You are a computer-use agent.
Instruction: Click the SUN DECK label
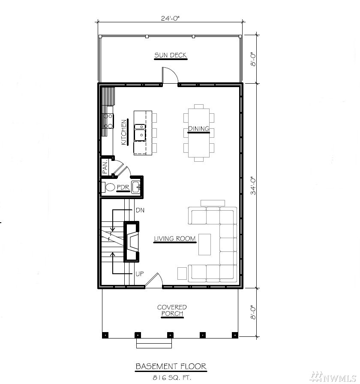click(171, 55)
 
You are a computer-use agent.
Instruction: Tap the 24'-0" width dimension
click(170, 18)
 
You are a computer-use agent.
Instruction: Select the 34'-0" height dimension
click(253, 186)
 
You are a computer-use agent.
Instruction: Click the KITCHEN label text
click(124, 132)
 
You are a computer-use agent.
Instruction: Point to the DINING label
click(198, 129)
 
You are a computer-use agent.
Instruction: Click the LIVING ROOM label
click(174, 239)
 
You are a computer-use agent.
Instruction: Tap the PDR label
click(123, 187)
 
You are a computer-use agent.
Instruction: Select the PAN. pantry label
click(105, 167)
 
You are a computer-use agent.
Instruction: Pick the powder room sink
click(136, 187)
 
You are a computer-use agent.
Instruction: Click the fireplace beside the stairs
click(132, 242)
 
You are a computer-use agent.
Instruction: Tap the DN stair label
click(140, 210)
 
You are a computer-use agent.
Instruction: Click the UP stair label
click(140, 274)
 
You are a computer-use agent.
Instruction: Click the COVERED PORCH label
click(172, 310)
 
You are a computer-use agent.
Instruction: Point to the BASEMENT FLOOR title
click(171, 366)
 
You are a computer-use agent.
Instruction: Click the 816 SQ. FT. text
click(172, 378)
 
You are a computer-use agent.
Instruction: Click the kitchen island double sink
click(140, 133)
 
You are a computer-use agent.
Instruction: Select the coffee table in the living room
click(204, 245)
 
